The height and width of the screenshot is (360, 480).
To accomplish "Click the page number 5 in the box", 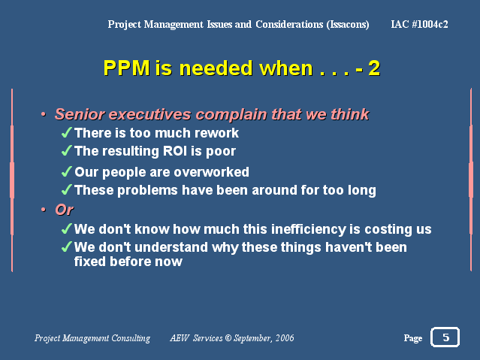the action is point(445,337).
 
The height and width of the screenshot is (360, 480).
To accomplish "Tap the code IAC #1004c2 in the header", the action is point(419,24).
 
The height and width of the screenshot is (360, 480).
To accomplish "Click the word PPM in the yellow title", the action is point(127,68).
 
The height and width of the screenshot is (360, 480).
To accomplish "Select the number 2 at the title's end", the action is point(374,68).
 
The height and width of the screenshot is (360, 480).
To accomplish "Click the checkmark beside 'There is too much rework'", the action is point(66,132).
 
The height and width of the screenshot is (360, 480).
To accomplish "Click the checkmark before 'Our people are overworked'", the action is point(66,171).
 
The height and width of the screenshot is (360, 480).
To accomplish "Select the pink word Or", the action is point(65,210).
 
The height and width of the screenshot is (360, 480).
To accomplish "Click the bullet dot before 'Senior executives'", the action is point(44,114).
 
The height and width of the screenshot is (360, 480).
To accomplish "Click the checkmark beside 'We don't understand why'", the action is point(66,247).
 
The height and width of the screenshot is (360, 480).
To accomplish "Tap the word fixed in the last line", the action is point(90,262).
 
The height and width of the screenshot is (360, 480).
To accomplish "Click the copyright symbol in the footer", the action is point(228,338).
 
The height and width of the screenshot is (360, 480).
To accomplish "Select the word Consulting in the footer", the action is point(131,338).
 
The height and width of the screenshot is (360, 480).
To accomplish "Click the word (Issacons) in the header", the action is point(348,24).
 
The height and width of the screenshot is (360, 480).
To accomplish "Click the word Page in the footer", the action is point(413,338).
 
